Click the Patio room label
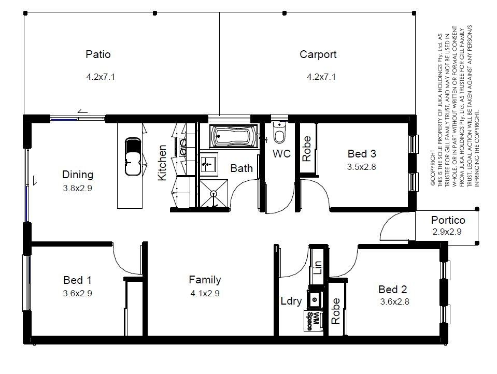tap(98, 54)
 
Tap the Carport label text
tap(318, 54)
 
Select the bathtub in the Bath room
tap(234, 136)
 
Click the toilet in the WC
tap(279, 132)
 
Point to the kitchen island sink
tap(133, 156)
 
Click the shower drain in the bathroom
tap(214, 193)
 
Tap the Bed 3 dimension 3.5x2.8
tap(361, 167)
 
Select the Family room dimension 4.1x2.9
tap(205, 294)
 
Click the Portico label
tap(448, 220)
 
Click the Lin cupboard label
tap(318, 268)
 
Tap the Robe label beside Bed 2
tap(335, 311)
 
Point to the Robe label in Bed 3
tap(306, 149)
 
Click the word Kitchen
tap(162, 163)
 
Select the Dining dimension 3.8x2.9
tap(77, 188)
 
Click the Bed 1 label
tap(77, 280)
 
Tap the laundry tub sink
tap(315, 299)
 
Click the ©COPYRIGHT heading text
tap(433, 168)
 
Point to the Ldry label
tap(291, 301)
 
